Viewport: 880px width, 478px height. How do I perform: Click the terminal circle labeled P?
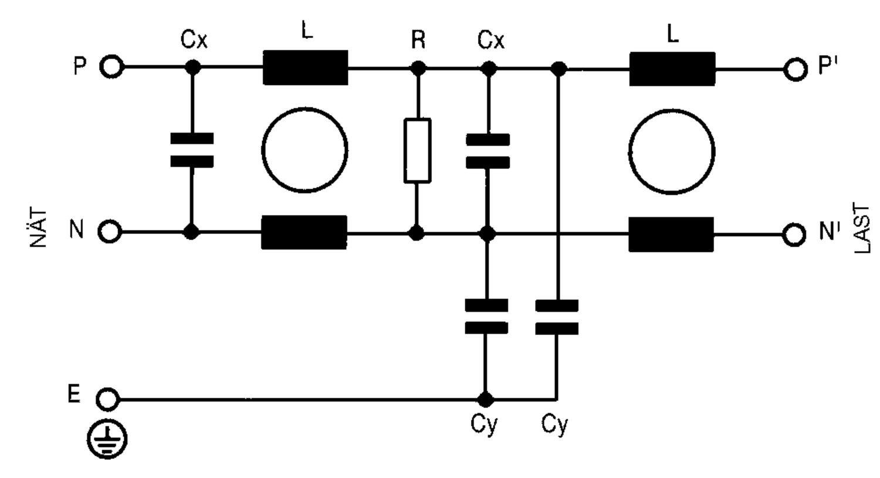(111, 67)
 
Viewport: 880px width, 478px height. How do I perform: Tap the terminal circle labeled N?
(110, 232)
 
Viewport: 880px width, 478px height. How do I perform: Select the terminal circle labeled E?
(107, 399)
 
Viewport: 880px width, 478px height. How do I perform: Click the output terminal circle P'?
(794, 69)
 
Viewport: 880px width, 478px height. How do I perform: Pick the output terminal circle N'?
(794, 234)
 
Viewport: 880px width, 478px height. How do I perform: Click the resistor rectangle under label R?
(417, 150)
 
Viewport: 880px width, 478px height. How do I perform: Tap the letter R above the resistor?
(418, 40)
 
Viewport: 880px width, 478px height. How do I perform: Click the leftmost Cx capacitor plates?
(192, 150)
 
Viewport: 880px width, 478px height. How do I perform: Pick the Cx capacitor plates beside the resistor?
(488, 151)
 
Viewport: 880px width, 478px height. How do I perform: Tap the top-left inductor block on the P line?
(305, 67)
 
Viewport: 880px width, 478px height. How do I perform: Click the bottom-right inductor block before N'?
(671, 234)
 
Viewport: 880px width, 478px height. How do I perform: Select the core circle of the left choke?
(304, 150)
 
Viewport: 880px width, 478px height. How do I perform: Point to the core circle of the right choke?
(671, 151)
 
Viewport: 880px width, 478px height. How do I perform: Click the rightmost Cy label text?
(554, 424)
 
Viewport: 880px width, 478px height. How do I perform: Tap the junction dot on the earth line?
(485, 400)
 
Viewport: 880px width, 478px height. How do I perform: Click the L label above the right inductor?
(673, 34)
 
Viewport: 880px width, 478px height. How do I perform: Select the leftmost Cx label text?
(194, 40)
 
